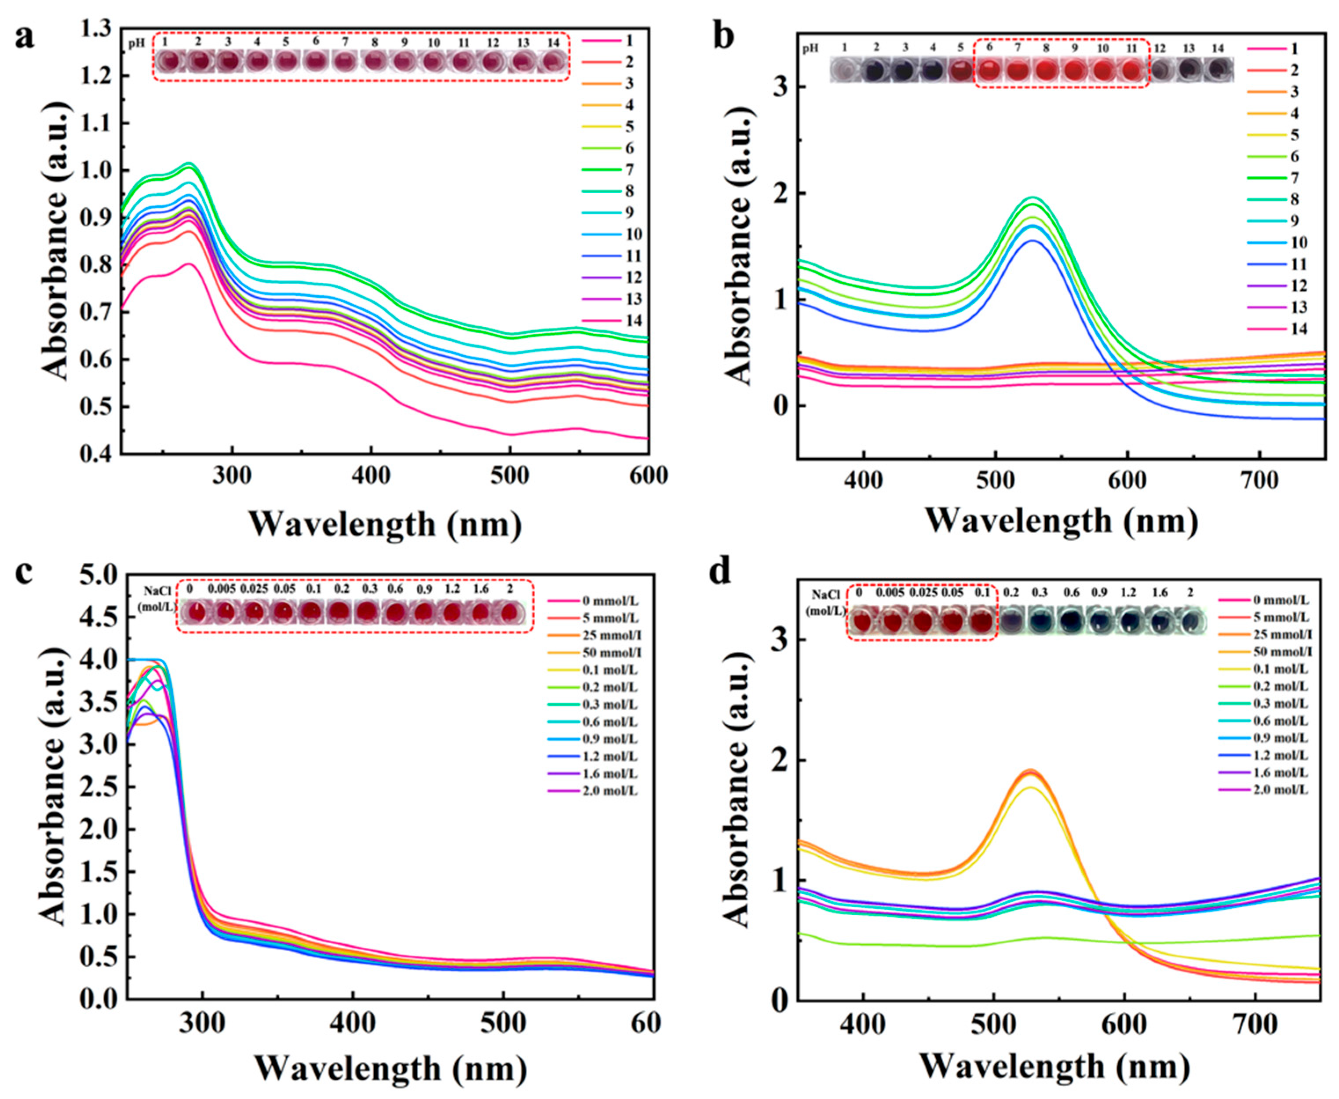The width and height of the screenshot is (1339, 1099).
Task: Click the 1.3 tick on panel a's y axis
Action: click(95, 29)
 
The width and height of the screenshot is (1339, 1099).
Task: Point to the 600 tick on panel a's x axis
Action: click(647, 475)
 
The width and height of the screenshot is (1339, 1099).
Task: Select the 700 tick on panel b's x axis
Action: click(1259, 481)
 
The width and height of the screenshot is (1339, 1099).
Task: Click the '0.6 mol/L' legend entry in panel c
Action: click(607, 722)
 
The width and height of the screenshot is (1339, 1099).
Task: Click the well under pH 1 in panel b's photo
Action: click(844, 69)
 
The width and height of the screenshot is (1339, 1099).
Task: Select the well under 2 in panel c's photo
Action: click(509, 613)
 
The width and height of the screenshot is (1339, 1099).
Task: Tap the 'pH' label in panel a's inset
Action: click(136, 43)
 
